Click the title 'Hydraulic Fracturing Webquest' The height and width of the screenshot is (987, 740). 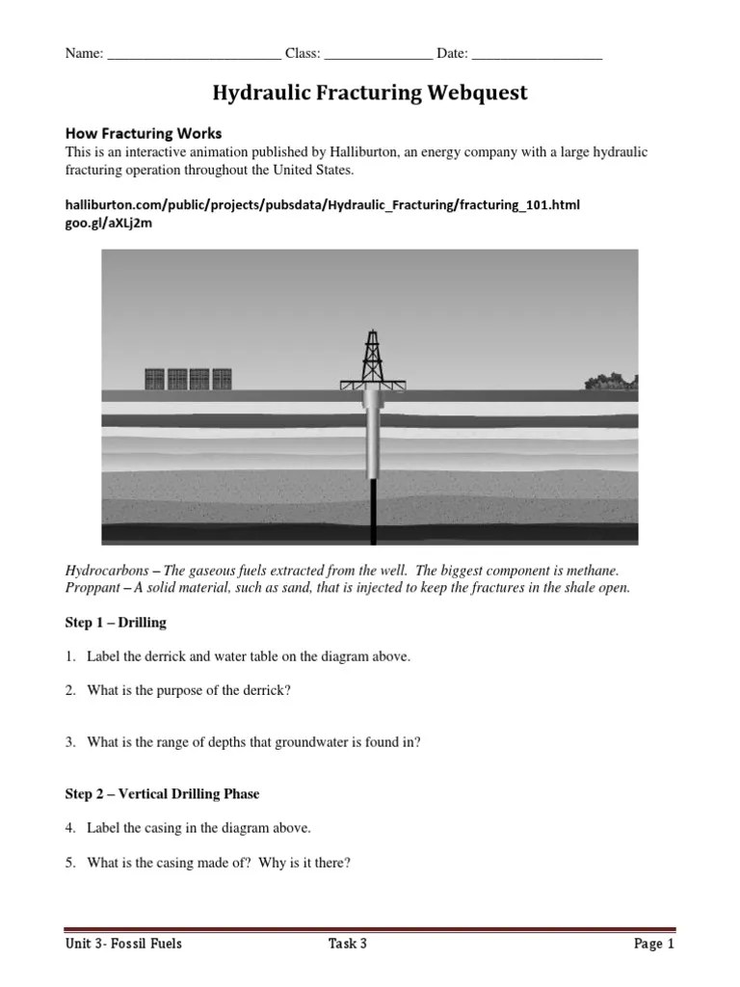pyautogui.click(x=370, y=93)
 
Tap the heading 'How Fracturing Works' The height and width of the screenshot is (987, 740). pyautogui.click(x=143, y=133)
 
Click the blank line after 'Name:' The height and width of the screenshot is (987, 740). pyautogui.click(x=194, y=55)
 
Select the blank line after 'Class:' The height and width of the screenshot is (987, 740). pyautogui.click(x=378, y=55)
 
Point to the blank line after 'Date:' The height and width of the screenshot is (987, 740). pyautogui.click(x=537, y=55)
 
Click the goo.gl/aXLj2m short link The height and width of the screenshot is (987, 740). pyautogui.click(x=108, y=223)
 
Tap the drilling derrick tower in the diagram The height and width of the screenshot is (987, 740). pyautogui.click(x=372, y=358)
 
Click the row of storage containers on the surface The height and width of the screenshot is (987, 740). pyautogui.click(x=188, y=379)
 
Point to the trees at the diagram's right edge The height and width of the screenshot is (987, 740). pyautogui.click(x=611, y=382)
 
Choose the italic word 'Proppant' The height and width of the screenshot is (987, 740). pyautogui.click(x=92, y=588)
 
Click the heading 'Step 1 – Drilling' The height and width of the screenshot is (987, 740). pyautogui.click(x=116, y=623)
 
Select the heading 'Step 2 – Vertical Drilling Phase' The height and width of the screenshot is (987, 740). pyautogui.click(x=162, y=794)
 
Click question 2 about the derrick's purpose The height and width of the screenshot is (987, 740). pyautogui.click(x=188, y=690)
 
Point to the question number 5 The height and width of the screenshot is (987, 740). pyautogui.click(x=70, y=863)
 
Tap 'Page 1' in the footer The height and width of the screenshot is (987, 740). pyautogui.click(x=654, y=944)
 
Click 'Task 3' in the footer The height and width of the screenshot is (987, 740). pyautogui.click(x=347, y=944)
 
